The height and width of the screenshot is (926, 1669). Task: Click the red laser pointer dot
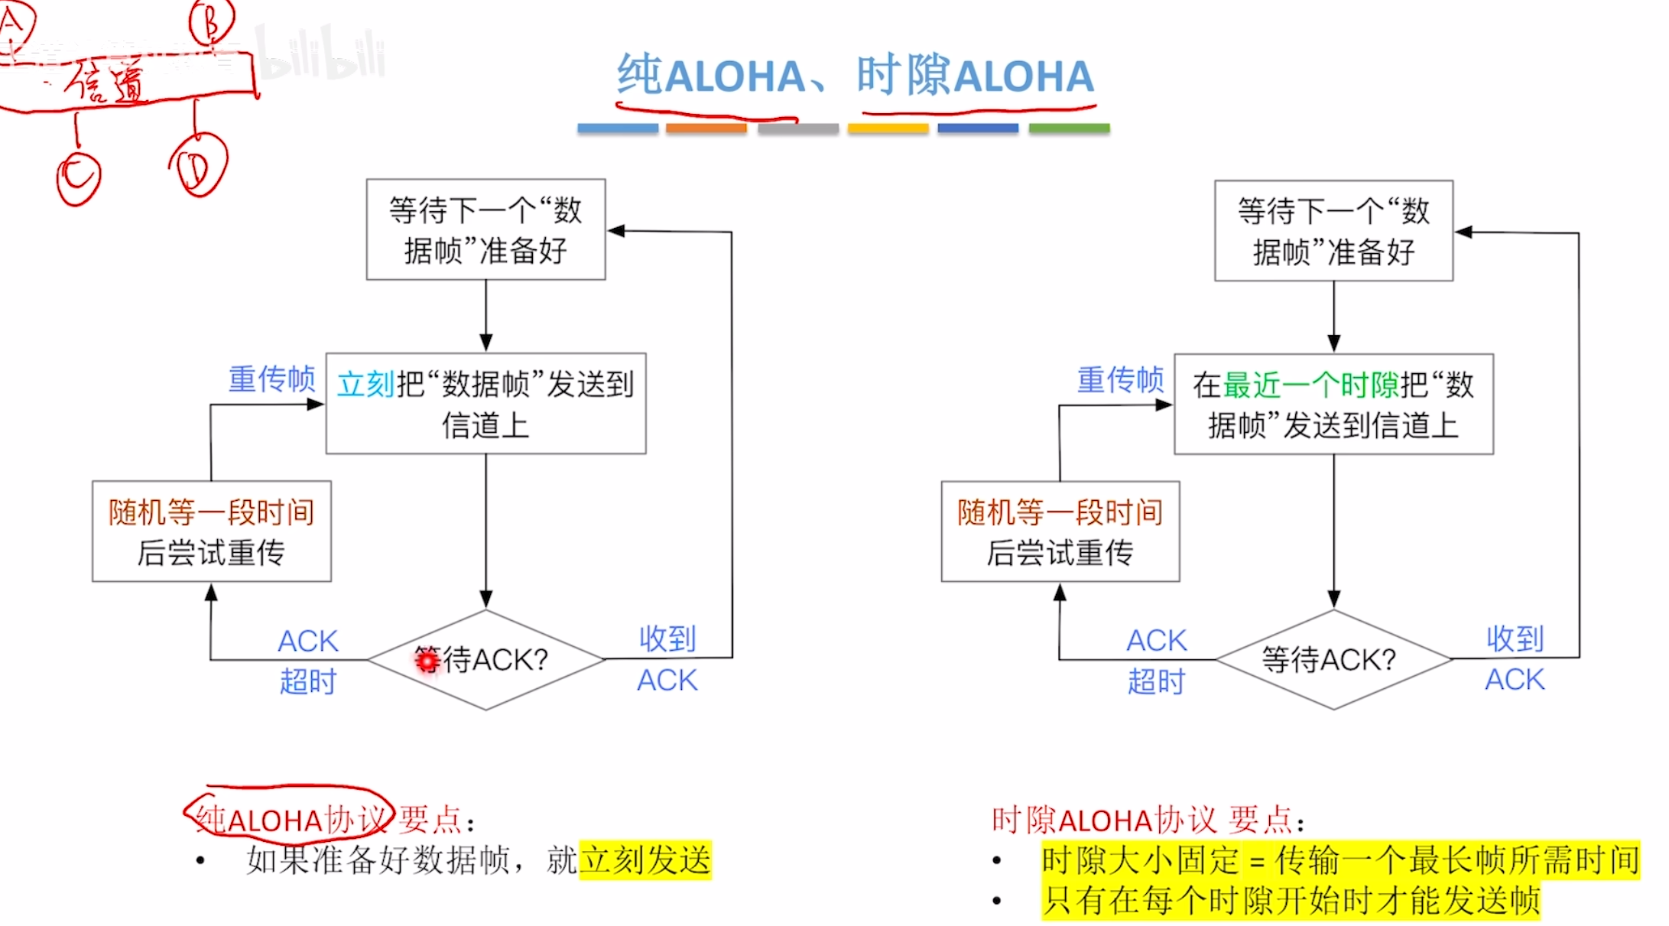tap(427, 660)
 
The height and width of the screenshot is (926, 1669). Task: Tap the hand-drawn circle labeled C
tap(78, 177)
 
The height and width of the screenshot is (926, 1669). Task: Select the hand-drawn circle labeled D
tap(198, 166)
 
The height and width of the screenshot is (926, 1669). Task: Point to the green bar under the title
tap(1069, 128)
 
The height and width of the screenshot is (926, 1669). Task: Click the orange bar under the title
tap(706, 128)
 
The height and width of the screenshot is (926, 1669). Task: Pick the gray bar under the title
tap(797, 128)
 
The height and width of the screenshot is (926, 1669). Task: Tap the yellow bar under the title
tap(888, 128)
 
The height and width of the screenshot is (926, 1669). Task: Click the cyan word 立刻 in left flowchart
tap(366, 385)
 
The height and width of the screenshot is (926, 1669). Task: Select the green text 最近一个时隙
tap(1310, 385)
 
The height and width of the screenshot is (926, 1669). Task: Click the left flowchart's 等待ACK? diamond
tap(486, 659)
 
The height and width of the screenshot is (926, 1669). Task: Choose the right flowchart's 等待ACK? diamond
tap(1333, 659)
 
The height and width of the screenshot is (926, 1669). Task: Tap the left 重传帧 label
tap(271, 379)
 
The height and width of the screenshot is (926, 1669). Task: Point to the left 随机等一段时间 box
tap(212, 531)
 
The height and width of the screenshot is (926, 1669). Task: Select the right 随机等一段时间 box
tap(1060, 531)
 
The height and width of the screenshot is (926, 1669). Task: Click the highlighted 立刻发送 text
tap(645, 860)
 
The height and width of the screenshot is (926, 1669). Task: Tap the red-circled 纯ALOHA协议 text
tap(291, 819)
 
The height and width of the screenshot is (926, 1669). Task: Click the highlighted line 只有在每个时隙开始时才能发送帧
tap(1291, 900)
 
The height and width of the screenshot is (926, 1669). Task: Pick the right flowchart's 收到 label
tap(1515, 639)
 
